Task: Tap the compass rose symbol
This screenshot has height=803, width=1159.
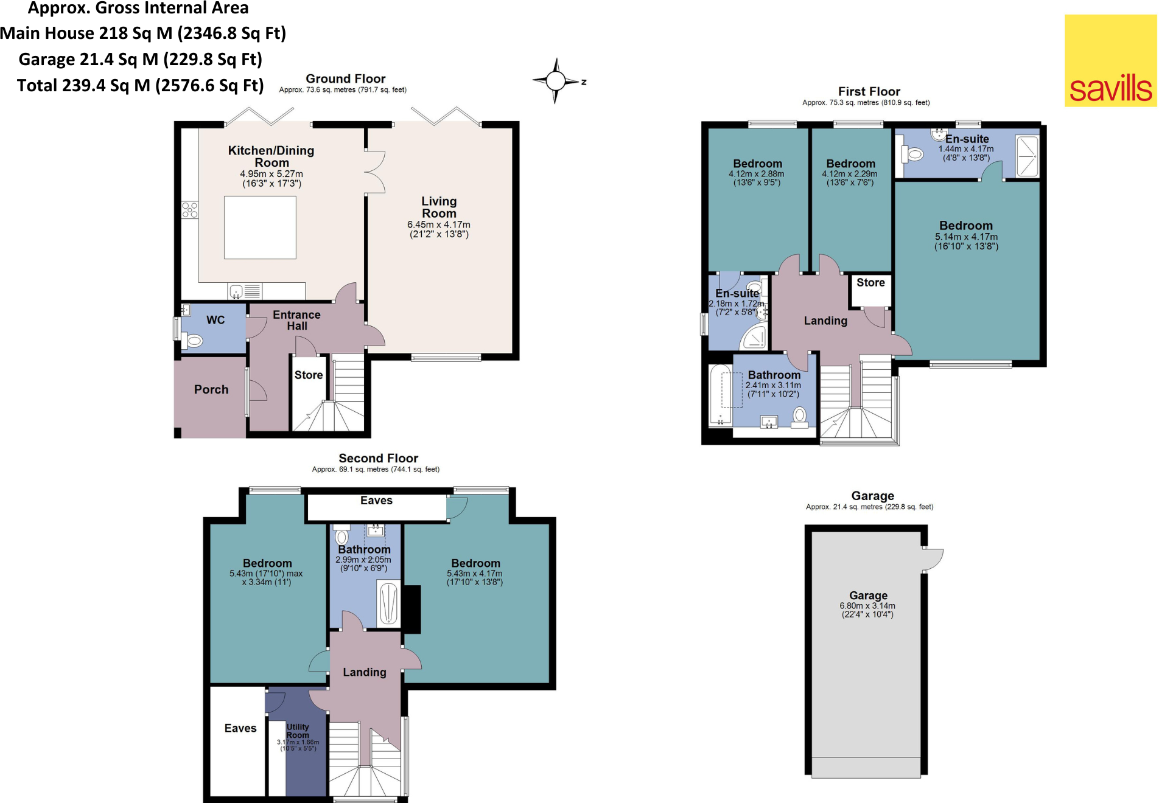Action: [555, 81]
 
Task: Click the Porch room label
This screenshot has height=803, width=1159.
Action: [211, 390]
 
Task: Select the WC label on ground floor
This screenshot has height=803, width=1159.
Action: [215, 320]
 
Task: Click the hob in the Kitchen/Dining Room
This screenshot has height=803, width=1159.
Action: [190, 210]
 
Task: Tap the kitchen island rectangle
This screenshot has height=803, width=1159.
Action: [260, 228]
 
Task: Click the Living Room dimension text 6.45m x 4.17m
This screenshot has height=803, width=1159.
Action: [438, 225]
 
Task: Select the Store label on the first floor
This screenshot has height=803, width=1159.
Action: [870, 283]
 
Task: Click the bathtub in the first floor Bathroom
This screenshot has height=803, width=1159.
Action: [721, 394]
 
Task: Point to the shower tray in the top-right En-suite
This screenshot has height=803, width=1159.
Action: [1028, 156]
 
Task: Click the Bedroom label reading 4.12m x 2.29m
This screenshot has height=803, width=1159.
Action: [850, 164]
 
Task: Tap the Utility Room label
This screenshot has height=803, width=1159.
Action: [298, 731]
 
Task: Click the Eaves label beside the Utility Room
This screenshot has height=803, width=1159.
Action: [240, 729]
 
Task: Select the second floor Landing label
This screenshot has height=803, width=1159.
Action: [364, 672]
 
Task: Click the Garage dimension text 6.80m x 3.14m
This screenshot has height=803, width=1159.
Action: [867, 606]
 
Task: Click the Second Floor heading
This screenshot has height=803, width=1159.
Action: [378, 459]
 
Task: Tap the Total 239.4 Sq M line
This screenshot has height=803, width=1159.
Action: [140, 86]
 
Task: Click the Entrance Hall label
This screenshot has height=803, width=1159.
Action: [296, 320]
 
